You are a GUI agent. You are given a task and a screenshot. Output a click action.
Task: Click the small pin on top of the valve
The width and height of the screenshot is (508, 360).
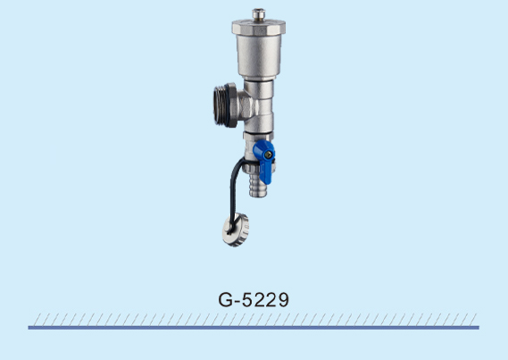[x=259, y=14]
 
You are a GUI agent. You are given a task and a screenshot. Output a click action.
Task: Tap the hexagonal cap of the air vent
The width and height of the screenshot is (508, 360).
[x=259, y=27]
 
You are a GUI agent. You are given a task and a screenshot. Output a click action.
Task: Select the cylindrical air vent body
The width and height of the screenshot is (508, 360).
[x=259, y=55]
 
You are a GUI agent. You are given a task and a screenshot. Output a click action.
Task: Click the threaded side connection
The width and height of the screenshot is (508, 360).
[x=221, y=105]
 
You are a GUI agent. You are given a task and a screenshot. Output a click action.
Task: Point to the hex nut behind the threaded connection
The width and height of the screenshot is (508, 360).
[x=245, y=105]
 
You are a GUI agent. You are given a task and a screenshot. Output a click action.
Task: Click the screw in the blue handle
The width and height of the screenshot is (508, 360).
[x=268, y=155]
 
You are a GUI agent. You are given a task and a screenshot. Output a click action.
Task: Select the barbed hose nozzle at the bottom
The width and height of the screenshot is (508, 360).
[x=258, y=185]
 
